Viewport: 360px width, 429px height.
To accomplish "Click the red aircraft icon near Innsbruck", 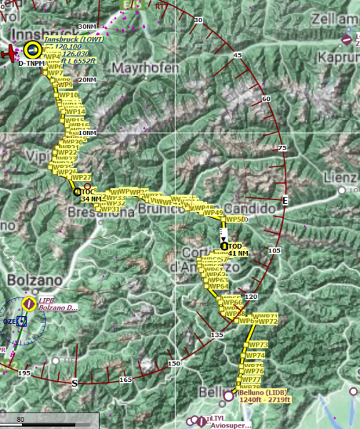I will pos(9,54).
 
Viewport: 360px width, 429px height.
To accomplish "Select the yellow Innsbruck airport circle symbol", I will pos(32,49).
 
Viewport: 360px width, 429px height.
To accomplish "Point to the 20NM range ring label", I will pos(86,79).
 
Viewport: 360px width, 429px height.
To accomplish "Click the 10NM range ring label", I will pos(86,133).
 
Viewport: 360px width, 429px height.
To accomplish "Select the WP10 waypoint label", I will pos(69,95).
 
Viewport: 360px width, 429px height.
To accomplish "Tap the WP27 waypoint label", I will pos(82,177).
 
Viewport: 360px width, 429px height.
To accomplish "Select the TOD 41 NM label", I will pos(239,250).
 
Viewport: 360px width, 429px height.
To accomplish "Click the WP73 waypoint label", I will pos(256,345).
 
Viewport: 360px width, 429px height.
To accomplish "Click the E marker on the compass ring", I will pos(285,199).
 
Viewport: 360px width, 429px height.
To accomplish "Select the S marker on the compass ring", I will pos(74,383).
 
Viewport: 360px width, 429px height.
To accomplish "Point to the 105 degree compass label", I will pos(275,250).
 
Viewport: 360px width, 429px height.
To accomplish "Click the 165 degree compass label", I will pos(126,379).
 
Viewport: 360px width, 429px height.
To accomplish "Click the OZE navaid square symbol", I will pos(21,322).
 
